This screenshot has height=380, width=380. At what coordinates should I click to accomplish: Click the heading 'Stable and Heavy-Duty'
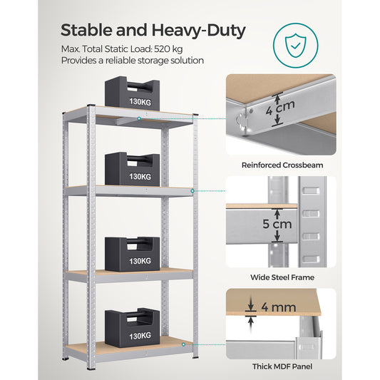tap(153, 31)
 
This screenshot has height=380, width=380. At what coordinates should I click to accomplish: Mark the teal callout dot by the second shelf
tap(193, 192)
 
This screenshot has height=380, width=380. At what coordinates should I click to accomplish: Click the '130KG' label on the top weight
tap(140, 102)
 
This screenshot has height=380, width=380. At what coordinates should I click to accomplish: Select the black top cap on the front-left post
tap(91, 108)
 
